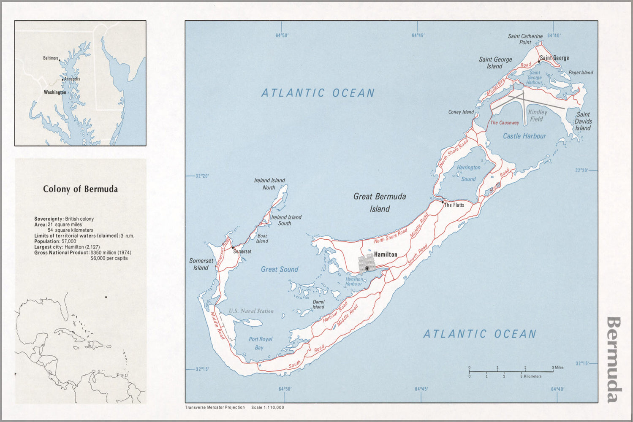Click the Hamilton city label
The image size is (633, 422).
pos(385,254)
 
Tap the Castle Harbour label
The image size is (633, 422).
pos(524,136)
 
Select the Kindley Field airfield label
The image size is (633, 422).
pos(537,116)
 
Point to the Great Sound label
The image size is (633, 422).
pos(279,269)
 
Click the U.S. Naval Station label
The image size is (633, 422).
pos(251,311)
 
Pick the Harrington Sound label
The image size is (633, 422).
pos(468,173)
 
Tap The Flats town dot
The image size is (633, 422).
pos(443,202)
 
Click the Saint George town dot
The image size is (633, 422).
pos(539,62)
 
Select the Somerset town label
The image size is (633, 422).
pos(243,252)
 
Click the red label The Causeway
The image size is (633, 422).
pos(504,123)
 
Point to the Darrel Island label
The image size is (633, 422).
pos(318,304)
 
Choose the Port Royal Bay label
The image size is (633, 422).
pos(260,343)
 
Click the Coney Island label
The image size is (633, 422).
pos(461,112)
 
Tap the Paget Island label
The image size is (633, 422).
pos(580,73)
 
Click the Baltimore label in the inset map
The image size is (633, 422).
pos(50,58)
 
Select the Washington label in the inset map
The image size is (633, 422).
pos(55,92)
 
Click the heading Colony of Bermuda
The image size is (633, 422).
pos(80,189)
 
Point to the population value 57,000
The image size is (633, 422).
pos(69,241)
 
